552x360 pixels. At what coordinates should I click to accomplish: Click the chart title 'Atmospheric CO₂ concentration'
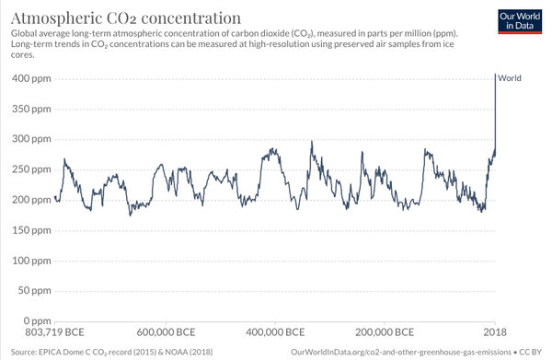126,17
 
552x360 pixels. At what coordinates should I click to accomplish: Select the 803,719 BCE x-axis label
55,332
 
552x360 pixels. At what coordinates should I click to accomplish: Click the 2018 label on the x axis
495,332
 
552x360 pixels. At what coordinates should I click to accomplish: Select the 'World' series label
510,78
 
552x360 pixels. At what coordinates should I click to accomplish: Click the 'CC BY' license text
531,352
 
